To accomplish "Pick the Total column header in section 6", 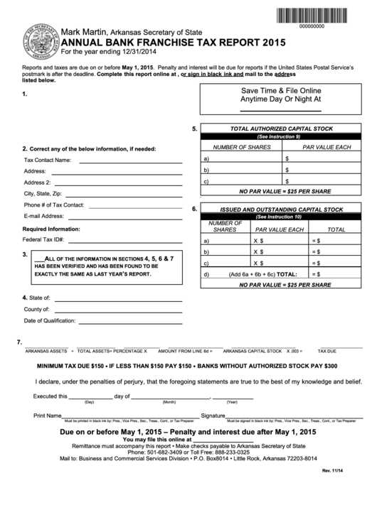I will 336,230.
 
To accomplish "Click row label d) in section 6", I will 206,274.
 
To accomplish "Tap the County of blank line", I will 115,311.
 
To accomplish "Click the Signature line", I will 291,416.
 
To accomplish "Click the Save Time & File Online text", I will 281,91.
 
